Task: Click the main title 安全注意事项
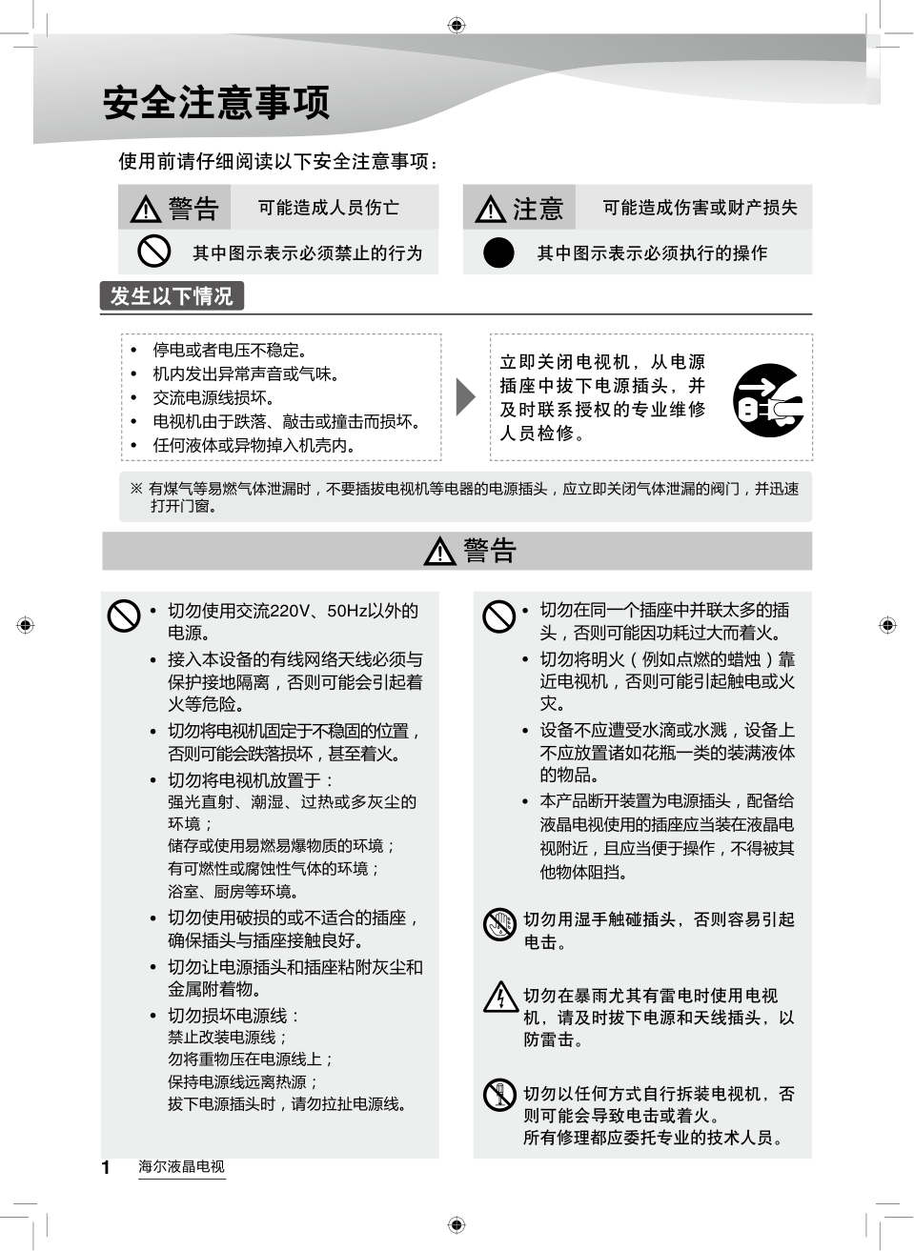click(216, 103)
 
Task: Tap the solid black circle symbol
click(498, 252)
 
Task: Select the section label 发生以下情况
click(172, 296)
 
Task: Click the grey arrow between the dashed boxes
click(465, 397)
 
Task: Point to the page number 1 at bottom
click(106, 1167)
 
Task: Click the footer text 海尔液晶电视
click(181, 1166)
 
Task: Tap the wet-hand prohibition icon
click(499, 924)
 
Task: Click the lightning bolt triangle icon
click(500, 998)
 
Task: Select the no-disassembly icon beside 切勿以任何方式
click(499, 1094)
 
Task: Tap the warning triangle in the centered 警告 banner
click(439, 552)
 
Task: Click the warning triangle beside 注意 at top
click(490, 209)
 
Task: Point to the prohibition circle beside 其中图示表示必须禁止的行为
click(153, 252)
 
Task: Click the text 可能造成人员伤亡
click(328, 208)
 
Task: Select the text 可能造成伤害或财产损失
click(700, 208)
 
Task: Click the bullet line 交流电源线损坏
click(213, 397)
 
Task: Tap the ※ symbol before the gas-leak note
click(136, 489)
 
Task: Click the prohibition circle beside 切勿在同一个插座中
click(498, 615)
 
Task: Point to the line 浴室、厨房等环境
click(233, 892)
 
